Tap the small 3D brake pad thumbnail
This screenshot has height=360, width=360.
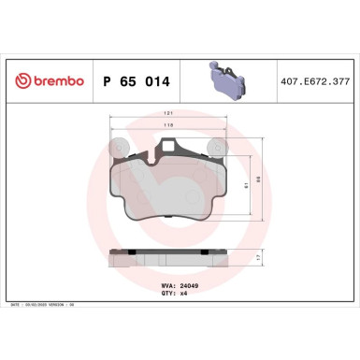point(223,80)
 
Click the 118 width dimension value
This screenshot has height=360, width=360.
point(168,124)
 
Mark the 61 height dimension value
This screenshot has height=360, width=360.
point(245,184)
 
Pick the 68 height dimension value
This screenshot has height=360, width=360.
point(259,180)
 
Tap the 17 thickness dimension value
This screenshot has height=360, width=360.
point(259,255)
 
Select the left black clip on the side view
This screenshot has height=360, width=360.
point(134,251)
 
